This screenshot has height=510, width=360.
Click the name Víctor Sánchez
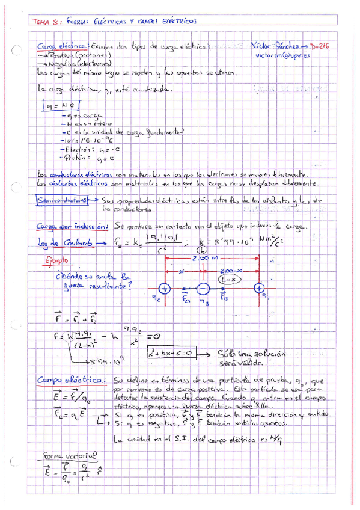point(276,46)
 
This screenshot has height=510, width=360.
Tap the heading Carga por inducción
point(72,227)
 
